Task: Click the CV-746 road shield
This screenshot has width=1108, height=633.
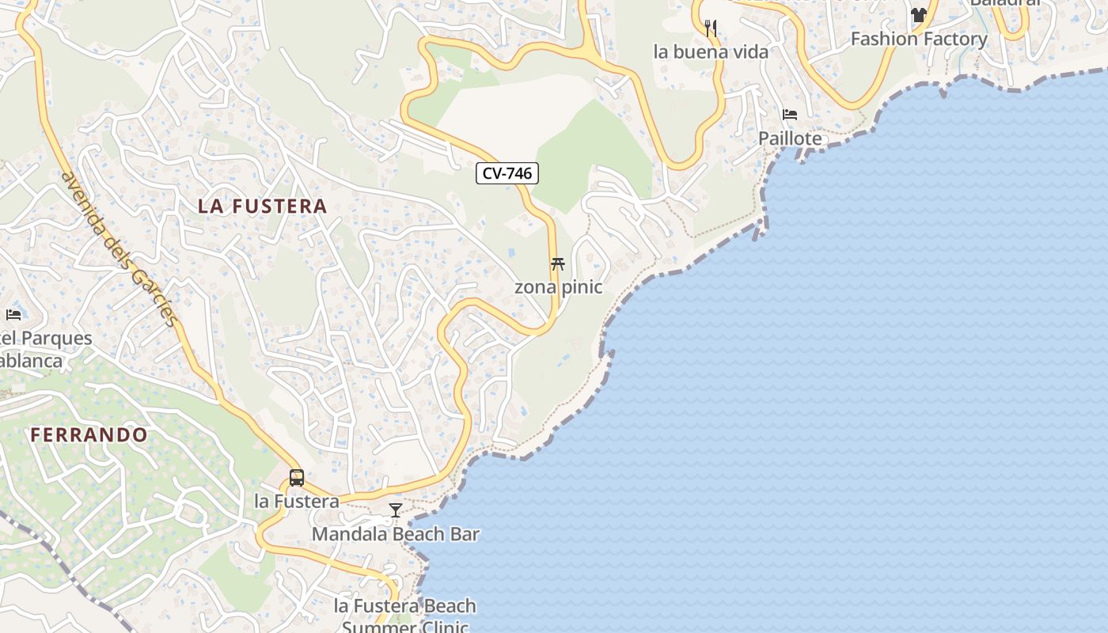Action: pos(507,173)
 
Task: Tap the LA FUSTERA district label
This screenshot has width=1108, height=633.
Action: pos(262,207)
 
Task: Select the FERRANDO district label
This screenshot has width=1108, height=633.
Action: pos(89,434)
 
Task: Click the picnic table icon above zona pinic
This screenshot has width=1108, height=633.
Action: pos(558,264)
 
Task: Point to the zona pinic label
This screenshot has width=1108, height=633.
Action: pos(558,287)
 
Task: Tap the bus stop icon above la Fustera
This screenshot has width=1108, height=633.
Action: pos(297,478)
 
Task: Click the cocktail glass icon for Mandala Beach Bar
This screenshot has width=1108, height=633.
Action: pos(396,510)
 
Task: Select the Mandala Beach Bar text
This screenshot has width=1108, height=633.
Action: pos(395,534)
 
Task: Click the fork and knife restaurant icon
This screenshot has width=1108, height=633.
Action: pos(711,28)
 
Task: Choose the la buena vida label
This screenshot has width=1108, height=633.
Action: pos(711,52)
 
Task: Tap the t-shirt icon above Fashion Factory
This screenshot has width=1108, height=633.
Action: pos(918,15)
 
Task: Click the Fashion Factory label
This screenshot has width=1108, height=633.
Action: pos(918,39)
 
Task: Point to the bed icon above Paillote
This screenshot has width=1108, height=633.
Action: pos(790,115)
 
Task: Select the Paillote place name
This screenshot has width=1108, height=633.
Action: pos(790,138)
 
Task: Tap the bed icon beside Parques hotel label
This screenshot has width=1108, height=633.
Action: pos(13,315)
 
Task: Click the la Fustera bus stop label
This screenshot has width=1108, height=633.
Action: pos(297,501)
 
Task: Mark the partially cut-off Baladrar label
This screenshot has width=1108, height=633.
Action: pos(1004,2)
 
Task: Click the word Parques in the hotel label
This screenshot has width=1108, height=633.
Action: pos(55,339)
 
